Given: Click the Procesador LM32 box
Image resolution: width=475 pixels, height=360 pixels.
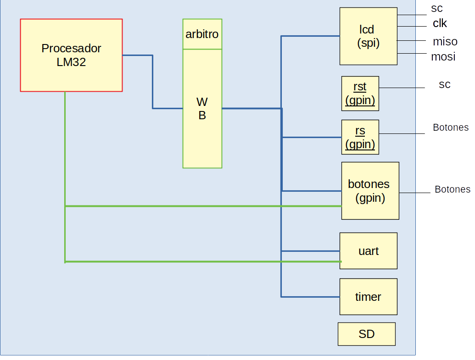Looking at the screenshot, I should pos(71,55).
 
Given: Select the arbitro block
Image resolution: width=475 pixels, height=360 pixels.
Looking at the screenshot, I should pos(202,34).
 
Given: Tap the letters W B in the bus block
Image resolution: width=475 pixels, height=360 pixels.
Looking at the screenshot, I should pos(202,109).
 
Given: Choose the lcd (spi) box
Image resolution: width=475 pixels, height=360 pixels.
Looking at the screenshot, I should pos(368,36).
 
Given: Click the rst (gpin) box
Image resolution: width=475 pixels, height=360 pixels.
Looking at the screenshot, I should pos(360,94).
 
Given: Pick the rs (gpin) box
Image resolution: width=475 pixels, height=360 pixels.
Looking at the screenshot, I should pos(360,137).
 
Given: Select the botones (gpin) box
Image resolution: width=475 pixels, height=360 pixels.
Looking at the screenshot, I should pos(370,191).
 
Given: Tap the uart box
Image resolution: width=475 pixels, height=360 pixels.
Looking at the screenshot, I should pos(368,251).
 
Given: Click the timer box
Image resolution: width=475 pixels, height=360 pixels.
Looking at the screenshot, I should pos(368,297).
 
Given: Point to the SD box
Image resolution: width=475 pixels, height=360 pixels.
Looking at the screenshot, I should pos(366,334).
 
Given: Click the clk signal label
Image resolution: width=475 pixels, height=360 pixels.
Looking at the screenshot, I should pos(440,23).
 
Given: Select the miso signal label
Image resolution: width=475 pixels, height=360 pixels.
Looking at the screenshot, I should pos(445,42).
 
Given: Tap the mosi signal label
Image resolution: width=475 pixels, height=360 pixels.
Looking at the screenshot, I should pos(443,57).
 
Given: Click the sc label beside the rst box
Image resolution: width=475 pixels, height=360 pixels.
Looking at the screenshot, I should pos(444,84).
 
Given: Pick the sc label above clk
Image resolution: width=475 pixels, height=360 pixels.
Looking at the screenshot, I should pos(436,8).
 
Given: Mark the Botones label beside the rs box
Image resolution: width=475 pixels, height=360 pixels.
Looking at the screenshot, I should pos(450,127).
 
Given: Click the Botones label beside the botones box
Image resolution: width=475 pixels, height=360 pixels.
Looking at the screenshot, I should pos(452,189).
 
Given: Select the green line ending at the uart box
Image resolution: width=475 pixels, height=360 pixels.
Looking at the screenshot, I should pos(202,261).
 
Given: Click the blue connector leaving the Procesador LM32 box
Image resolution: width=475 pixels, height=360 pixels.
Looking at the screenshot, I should pos(138,55).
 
